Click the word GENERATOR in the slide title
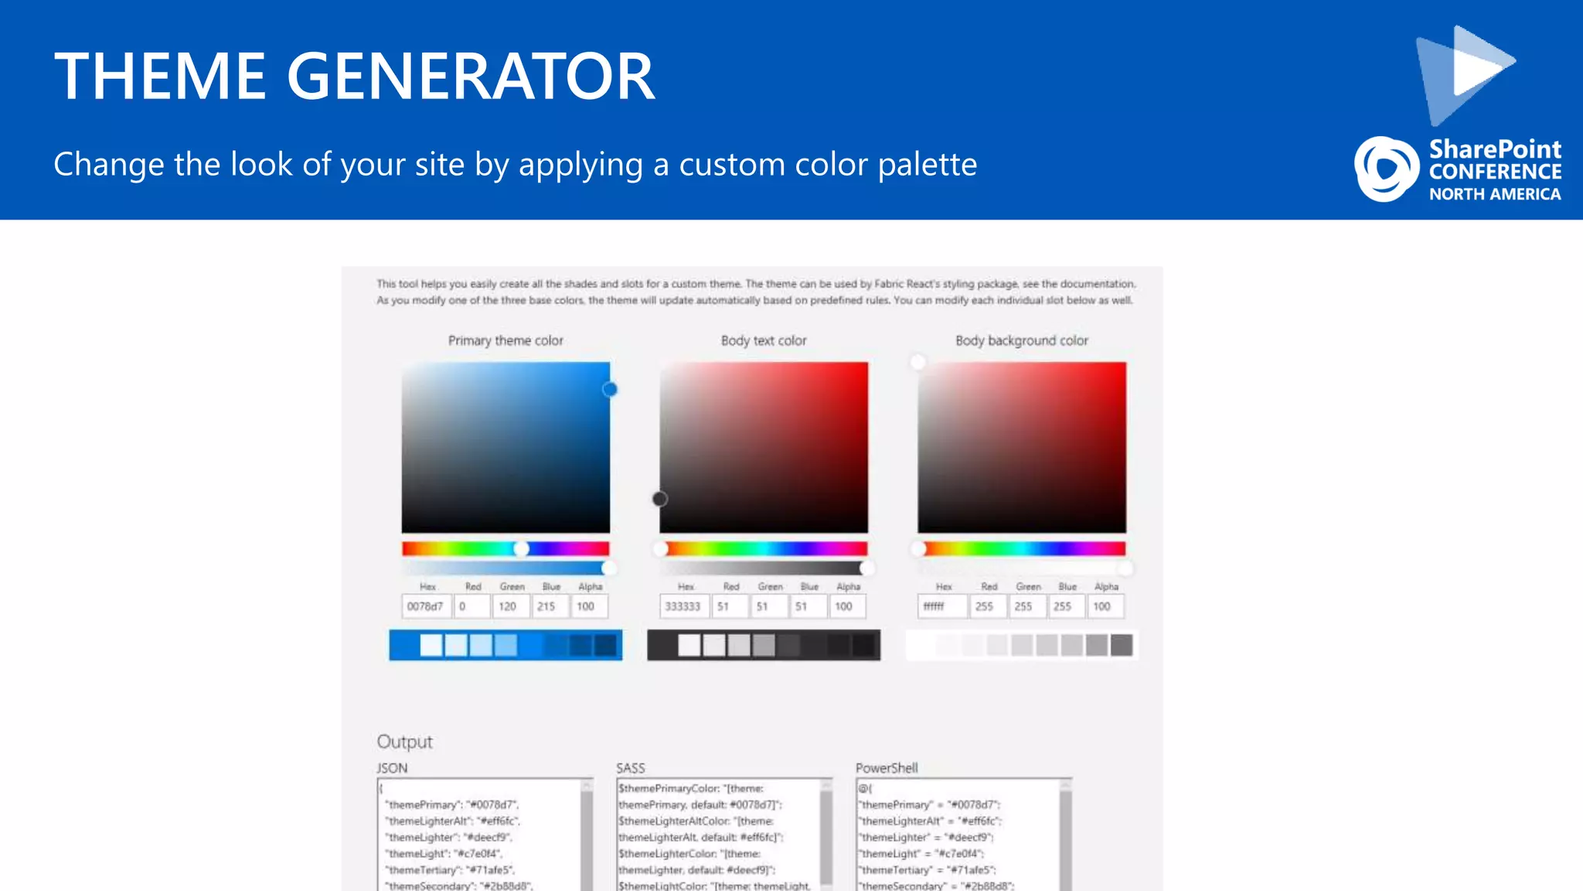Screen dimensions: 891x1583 (x=471, y=76)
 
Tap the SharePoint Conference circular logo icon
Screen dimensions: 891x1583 (x=1387, y=169)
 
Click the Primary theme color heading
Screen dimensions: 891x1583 (x=506, y=340)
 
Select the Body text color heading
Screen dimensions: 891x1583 (x=764, y=340)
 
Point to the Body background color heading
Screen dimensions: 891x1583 (x=1021, y=340)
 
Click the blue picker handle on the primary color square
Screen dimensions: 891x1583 (x=610, y=389)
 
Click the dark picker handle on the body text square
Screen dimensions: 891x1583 (x=659, y=499)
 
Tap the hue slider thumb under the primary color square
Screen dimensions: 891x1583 (x=522, y=548)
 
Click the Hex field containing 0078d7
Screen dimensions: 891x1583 (x=426, y=606)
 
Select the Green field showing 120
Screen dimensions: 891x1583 (x=510, y=606)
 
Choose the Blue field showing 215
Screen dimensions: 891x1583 (x=550, y=606)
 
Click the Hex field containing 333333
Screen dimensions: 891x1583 (x=683, y=606)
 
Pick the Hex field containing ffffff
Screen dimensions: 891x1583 (x=941, y=606)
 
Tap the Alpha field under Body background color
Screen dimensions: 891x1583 (x=1105, y=606)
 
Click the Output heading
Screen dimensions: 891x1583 (x=404, y=742)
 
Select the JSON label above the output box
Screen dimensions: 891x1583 (x=392, y=768)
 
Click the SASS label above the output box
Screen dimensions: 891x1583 (x=630, y=768)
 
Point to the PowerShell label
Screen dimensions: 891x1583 (x=887, y=768)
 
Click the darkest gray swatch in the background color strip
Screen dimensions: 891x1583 (x=1121, y=645)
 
